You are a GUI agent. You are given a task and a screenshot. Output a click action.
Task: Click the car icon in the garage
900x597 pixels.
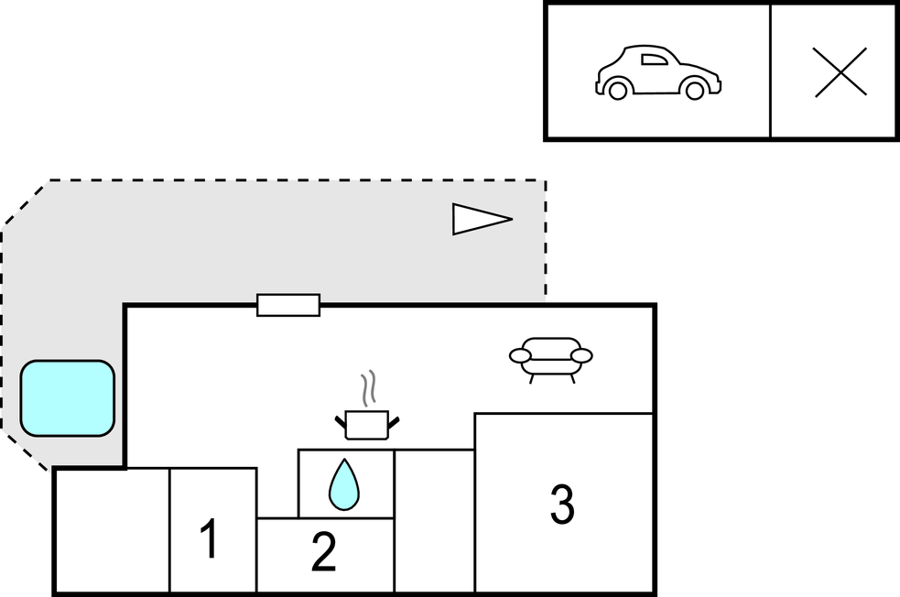(x=657, y=72)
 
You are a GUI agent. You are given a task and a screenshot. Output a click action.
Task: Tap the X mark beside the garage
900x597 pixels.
(x=840, y=72)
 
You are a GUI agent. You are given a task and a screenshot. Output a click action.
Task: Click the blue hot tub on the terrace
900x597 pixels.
(x=68, y=398)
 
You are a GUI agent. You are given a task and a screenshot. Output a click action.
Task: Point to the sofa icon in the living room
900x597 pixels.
(x=550, y=357)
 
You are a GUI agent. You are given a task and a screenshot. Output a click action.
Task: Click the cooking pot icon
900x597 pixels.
(x=367, y=424)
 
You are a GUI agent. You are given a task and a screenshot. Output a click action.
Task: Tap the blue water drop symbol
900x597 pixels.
(x=343, y=484)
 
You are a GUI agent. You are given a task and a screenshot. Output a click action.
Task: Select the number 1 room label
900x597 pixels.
(x=210, y=539)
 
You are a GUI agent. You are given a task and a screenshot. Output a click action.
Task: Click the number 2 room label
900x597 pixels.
(x=323, y=552)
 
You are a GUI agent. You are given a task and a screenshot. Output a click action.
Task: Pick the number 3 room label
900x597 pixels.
(x=562, y=504)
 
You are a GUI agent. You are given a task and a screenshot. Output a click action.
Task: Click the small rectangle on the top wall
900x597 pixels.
(x=288, y=305)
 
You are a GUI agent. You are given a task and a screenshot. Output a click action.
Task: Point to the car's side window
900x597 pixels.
(x=654, y=60)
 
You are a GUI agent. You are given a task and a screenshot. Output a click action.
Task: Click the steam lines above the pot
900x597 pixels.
(x=368, y=389)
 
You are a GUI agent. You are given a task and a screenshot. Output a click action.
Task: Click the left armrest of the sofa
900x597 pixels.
(x=520, y=354)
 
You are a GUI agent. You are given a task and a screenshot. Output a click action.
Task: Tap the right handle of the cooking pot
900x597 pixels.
(x=395, y=421)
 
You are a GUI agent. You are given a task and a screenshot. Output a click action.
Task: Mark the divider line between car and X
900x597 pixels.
(x=771, y=71)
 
